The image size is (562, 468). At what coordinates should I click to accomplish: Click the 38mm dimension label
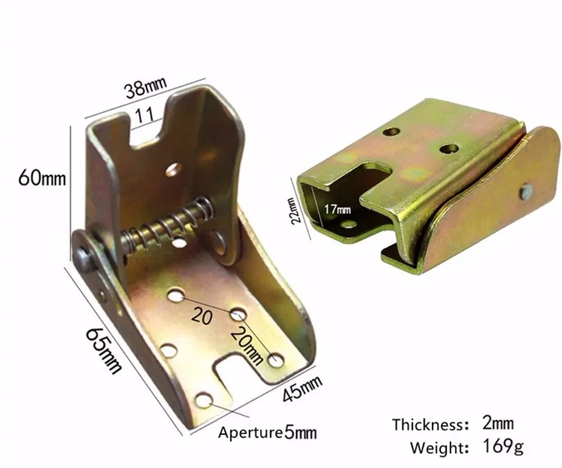146,88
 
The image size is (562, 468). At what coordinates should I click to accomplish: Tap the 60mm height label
42,178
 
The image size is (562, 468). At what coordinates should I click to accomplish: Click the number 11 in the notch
144,115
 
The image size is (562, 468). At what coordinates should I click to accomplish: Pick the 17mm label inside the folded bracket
338,209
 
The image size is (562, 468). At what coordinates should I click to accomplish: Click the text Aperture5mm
268,433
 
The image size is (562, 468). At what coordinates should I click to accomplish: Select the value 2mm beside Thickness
498,424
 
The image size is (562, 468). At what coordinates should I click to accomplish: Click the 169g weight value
503,447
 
